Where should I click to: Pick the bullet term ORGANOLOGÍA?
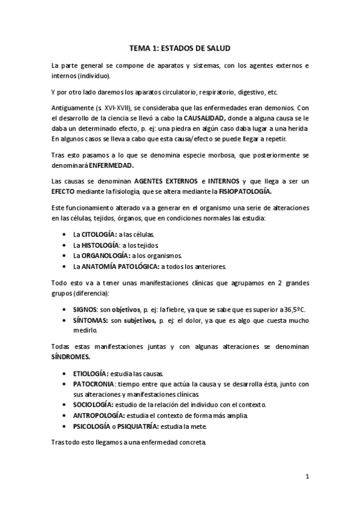click(x=103, y=255)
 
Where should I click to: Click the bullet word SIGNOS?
click(x=84, y=309)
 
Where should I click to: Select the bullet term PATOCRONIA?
click(x=95, y=384)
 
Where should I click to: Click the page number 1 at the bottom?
click(x=307, y=478)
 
